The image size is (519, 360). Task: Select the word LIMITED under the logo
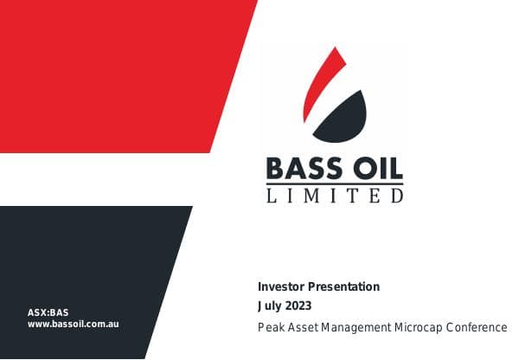coord(335,196)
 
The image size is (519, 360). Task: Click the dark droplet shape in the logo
coord(343,112)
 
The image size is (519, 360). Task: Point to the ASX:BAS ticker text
coord(48,312)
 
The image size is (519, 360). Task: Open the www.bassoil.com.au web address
coord(73,324)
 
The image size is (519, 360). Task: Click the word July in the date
coord(270,305)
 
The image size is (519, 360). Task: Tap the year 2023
coord(298,305)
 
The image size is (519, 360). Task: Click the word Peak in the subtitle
coord(270,327)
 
